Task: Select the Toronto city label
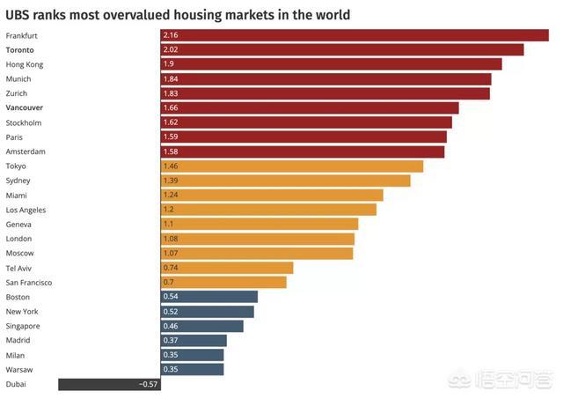[22, 50]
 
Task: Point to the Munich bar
[325, 79]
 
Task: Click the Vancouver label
[25, 107]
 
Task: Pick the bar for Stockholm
[306, 122]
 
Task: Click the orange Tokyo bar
[291, 166]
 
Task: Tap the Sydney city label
[18, 181]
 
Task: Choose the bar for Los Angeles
[268, 210]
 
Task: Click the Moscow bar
[256, 253]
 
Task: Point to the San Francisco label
[29, 282]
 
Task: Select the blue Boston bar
[208, 297]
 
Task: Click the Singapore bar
[201, 326]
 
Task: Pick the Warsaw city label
[19, 369]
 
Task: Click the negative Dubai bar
[97, 384]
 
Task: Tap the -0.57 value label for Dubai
[148, 384]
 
